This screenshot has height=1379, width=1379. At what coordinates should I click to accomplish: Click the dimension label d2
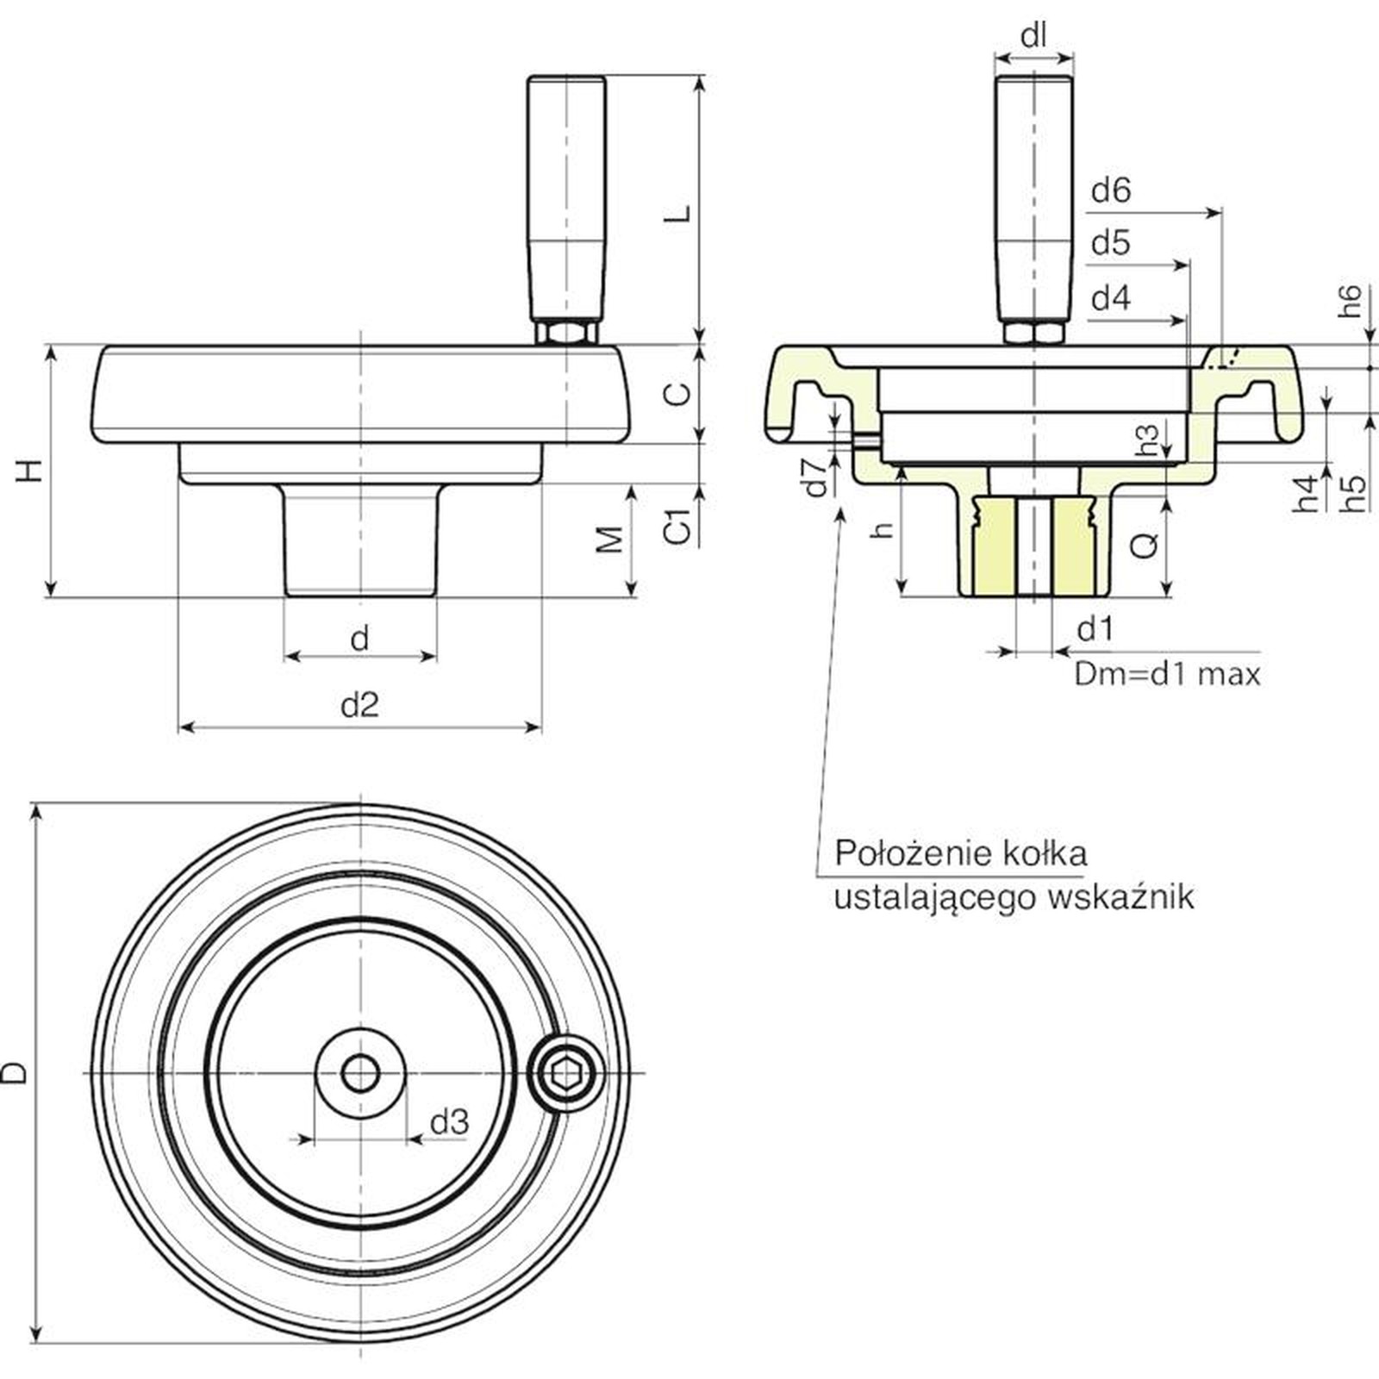[x=359, y=705]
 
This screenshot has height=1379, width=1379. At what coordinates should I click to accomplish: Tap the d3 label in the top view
[x=449, y=1121]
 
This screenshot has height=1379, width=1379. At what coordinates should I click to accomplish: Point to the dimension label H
[x=31, y=471]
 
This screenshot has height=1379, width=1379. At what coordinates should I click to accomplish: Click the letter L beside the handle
[x=680, y=213]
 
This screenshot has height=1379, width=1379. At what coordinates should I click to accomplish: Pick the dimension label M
[x=610, y=540]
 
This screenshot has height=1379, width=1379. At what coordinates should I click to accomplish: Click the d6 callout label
[x=1110, y=190]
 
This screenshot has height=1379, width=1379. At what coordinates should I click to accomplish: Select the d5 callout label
[x=1110, y=244]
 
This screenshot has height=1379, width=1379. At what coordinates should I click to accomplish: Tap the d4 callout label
[x=1110, y=299]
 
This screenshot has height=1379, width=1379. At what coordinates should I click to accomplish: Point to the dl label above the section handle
[x=1033, y=36]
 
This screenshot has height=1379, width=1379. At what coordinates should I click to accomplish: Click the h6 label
[x=1351, y=301]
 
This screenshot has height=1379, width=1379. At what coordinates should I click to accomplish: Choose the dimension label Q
[x=1145, y=544]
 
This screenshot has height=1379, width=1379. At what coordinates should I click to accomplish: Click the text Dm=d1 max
[x=1167, y=673]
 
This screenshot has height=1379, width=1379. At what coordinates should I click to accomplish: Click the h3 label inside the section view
[x=1147, y=440]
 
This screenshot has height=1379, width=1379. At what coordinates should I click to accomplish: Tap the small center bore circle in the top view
[x=359, y=1073]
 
